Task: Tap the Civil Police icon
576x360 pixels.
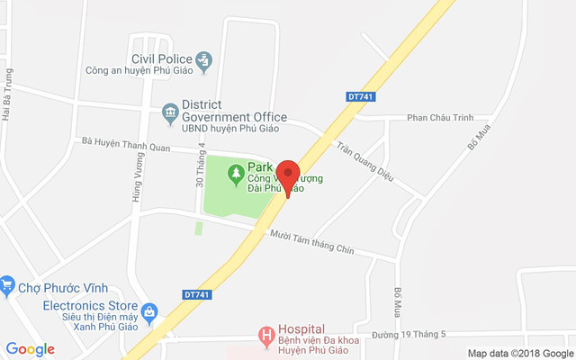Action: point(204,61)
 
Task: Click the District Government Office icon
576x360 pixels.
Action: point(169,113)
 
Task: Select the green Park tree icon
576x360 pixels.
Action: point(236,171)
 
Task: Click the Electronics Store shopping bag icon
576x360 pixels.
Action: point(149,313)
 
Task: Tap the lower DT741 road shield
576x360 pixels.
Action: point(196,294)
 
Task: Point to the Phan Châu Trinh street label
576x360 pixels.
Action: point(440,118)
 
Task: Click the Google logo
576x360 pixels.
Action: point(31,349)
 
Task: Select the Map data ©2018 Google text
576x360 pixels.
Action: point(519,354)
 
